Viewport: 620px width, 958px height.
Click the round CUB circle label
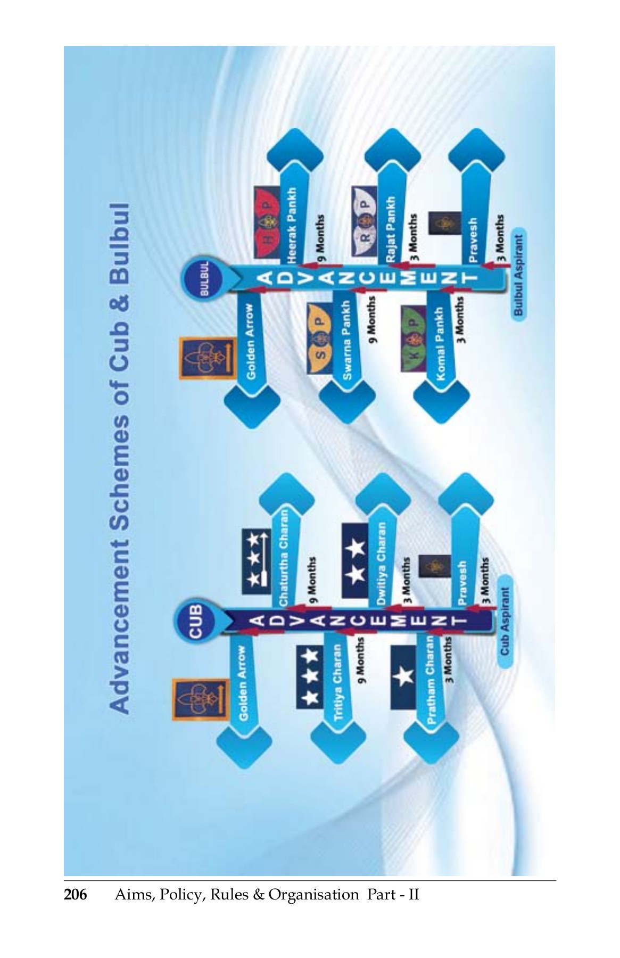(195, 622)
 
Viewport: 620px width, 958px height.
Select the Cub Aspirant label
(504, 622)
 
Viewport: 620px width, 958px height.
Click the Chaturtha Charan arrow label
(284, 557)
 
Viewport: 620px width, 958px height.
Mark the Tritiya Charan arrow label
(337, 682)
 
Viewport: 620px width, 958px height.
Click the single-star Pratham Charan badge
(403, 677)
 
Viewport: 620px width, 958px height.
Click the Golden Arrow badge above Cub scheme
(196, 699)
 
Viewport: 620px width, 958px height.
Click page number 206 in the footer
(75, 894)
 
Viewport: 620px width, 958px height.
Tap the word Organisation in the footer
(313, 895)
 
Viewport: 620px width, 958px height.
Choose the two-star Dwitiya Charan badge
(355, 560)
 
